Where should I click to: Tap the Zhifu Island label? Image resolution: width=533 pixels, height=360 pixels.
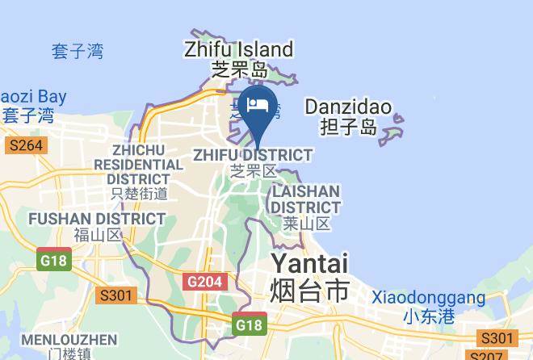[238, 49]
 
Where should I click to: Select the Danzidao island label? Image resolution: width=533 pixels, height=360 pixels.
[348, 107]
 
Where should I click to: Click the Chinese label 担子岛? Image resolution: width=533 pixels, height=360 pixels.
[348, 126]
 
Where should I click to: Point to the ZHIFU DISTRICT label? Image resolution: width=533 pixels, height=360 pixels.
[253, 154]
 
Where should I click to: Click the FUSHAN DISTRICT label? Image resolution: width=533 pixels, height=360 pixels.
[97, 219]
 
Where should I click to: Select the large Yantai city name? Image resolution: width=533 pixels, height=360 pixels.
[309, 263]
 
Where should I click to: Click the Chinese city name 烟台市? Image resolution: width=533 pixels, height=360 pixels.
[309, 289]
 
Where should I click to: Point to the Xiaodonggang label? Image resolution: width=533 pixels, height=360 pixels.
[428, 298]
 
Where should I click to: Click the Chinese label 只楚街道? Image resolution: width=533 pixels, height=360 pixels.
[139, 193]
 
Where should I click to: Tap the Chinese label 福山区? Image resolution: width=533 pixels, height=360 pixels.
[97, 235]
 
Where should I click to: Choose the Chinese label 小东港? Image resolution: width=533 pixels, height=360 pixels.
[428, 316]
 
